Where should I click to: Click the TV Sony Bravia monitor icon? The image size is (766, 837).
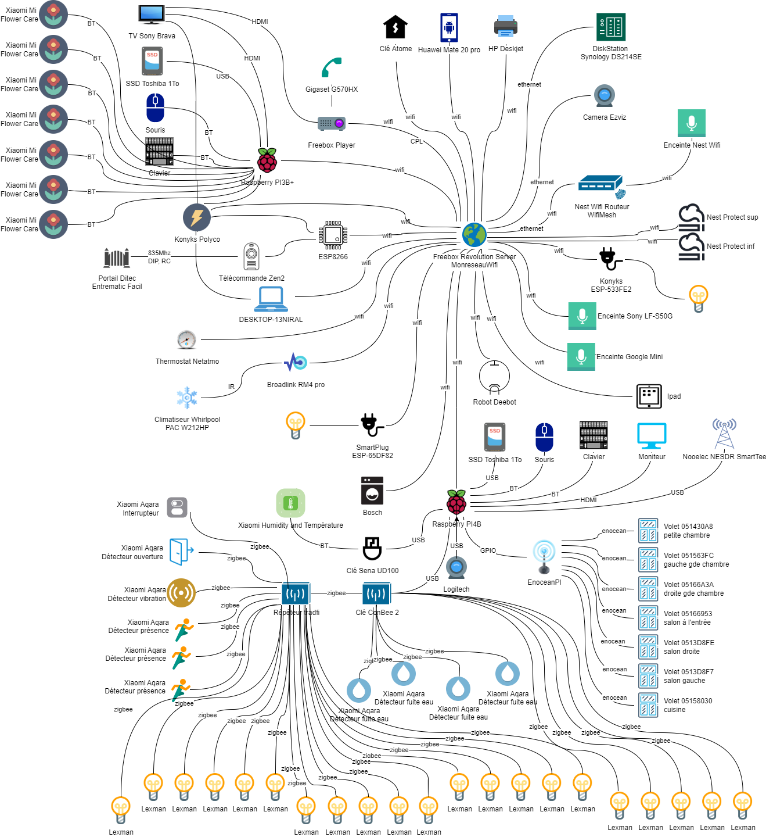point(152,14)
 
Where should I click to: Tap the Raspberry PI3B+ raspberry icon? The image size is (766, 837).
point(267,160)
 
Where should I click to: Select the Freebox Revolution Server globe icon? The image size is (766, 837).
point(474,235)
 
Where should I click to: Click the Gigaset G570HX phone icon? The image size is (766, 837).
point(332,68)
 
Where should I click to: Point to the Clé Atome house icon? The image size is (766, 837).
point(395,27)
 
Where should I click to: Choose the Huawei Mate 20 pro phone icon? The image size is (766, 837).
point(449,27)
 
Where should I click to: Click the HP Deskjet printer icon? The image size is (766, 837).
point(506,26)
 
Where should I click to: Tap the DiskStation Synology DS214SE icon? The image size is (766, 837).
point(611,27)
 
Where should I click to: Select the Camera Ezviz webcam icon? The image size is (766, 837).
point(605,95)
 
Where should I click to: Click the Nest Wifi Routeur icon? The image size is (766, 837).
point(602,186)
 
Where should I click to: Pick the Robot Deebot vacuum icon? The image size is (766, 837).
point(494,377)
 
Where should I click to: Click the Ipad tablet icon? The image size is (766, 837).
point(649,396)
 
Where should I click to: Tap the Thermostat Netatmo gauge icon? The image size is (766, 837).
point(186,339)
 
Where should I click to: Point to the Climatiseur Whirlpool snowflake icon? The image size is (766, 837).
point(187,398)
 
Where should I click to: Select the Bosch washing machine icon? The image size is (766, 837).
point(372,491)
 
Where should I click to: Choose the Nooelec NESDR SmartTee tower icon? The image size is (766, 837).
point(724,433)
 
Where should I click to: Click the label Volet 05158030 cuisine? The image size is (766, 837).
point(688,705)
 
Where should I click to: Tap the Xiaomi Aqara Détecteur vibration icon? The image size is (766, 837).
point(181,593)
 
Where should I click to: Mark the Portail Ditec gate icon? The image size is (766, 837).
point(117,257)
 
